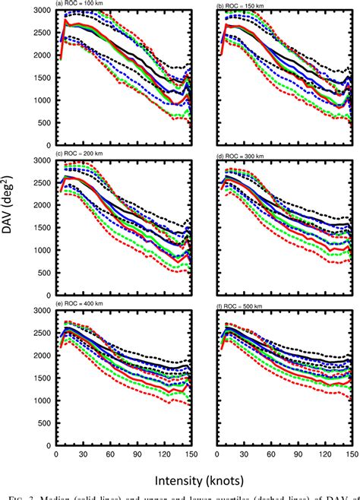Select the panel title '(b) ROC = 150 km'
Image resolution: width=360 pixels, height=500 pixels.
pos(245,5)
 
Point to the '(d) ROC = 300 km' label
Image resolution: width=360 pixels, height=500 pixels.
pos(245,155)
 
